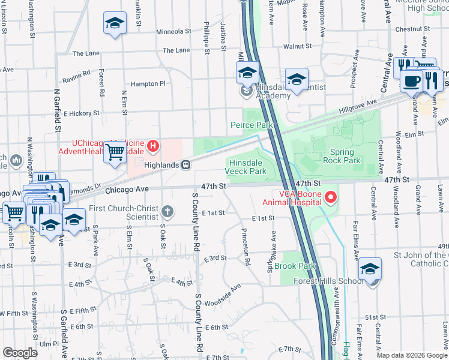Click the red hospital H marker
pos(154,146)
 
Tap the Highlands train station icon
pos(187,164)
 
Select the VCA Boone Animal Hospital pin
pos(330,197)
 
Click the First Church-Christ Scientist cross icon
pos(167,211)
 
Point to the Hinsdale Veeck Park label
pos(246,166)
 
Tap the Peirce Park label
pos(252,125)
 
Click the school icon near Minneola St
pos(115,24)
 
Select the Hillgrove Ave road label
pos(359,104)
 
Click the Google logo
pos(20,353)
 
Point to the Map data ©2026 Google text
pos(412,355)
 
